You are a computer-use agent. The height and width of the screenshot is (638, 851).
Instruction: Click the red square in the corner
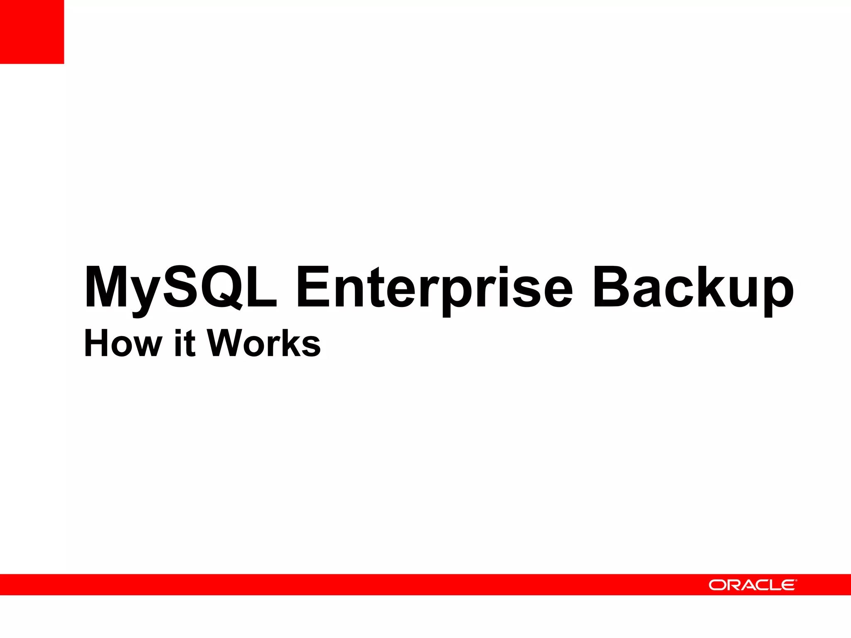coord(32,32)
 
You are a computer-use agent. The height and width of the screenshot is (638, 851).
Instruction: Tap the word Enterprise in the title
coord(434,287)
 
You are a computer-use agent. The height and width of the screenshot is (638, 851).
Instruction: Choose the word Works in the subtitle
coord(264,343)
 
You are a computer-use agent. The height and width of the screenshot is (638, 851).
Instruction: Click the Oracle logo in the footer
coord(752,585)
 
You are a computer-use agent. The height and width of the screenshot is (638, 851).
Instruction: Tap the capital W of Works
coord(224,343)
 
